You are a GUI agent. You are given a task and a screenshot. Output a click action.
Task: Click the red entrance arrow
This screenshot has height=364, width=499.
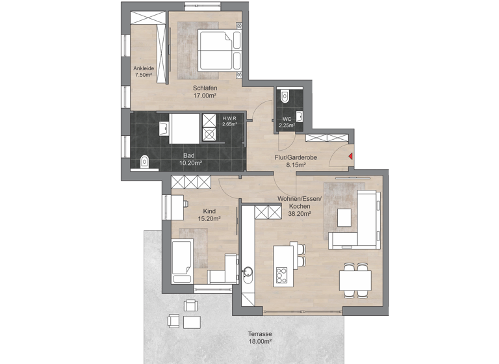point(350,156)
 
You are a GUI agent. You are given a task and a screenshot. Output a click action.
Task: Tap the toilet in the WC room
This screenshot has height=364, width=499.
point(284,96)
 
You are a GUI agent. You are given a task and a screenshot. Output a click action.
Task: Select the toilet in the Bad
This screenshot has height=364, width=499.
point(145,161)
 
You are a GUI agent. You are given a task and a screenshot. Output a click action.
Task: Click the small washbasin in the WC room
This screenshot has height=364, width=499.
point(300,116)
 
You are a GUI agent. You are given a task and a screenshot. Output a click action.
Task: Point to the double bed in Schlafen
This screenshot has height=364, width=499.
point(219,50)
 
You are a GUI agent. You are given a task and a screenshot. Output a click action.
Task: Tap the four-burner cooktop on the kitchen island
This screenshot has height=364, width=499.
point(281,274)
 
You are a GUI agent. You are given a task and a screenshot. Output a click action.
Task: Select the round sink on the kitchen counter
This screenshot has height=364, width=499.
point(248,272)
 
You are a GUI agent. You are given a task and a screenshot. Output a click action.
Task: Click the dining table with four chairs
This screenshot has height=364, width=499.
point(355,280)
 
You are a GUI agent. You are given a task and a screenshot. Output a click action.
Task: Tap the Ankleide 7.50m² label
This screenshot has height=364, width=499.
point(143,71)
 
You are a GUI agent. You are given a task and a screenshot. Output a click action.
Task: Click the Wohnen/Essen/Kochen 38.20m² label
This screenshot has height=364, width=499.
point(294,205)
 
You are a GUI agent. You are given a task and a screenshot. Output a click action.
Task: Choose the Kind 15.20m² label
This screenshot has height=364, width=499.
point(209,215)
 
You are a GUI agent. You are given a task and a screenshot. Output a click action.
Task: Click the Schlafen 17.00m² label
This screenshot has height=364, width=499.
point(205,92)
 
